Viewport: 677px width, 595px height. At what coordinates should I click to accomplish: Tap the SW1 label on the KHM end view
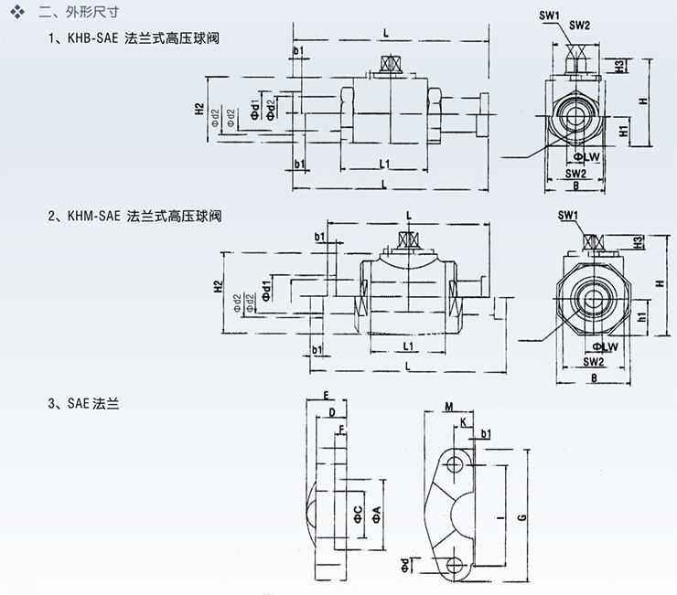click(568, 215)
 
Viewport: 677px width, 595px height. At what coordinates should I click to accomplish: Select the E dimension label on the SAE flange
click(326, 396)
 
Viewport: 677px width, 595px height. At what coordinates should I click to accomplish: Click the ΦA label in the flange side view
click(375, 517)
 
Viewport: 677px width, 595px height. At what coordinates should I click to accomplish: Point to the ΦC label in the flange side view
click(359, 515)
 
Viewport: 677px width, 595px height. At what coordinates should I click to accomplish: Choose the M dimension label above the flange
click(449, 406)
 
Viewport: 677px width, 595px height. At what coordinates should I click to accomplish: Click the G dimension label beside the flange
click(521, 517)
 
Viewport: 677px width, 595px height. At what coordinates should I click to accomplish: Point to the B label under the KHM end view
click(594, 377)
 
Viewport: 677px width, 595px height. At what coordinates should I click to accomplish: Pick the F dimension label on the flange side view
click(341, 428)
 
